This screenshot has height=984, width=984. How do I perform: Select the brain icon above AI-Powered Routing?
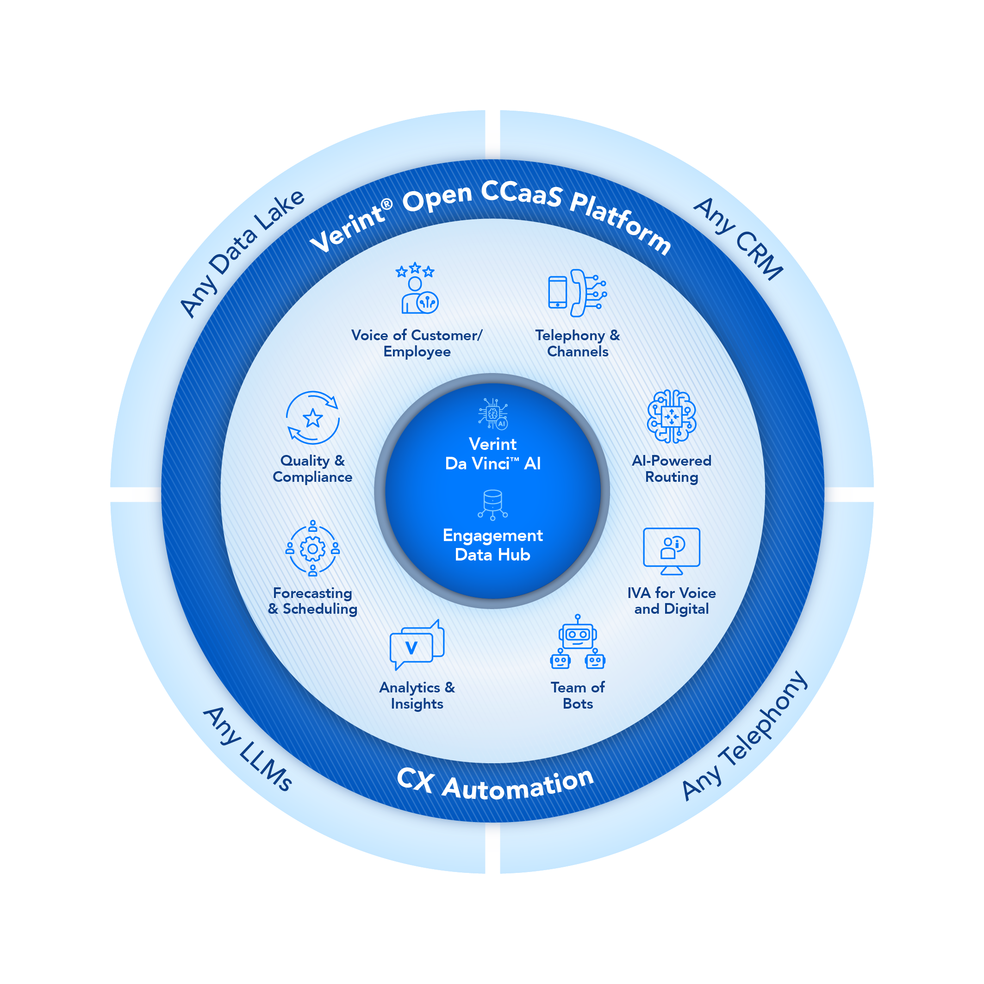coord(671,416)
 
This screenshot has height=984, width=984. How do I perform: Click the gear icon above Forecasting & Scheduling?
coord(313,548)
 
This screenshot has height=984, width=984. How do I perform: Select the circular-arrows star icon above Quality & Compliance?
coord(313,417)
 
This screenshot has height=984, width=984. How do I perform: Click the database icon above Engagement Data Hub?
coord(492,504)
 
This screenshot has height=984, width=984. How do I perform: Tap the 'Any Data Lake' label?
coord(243,253)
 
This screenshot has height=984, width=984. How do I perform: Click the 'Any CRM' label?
coord(739,238)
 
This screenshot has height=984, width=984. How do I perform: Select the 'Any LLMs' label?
coord(248,748)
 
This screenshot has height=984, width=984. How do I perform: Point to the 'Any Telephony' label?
coord(744,735)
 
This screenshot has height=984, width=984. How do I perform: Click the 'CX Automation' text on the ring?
coord(495,785)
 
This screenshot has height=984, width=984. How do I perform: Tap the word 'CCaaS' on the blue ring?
coord(522,193)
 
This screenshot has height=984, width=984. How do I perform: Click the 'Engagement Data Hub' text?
coord(492,545)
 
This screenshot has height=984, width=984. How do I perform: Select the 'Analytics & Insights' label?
coord(417,695)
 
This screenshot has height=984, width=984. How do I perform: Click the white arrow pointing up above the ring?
coord(492,137)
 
